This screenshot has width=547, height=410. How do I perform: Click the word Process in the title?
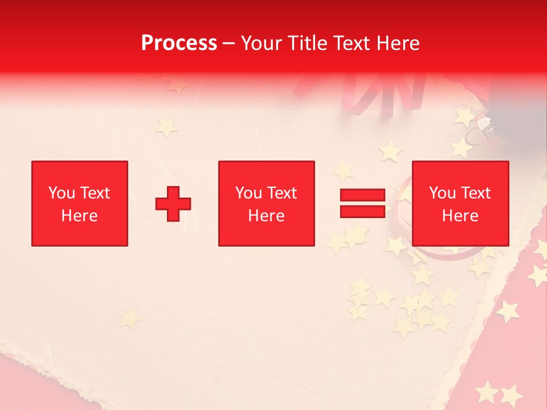point(179,43)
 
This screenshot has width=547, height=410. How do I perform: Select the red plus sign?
point(173,204)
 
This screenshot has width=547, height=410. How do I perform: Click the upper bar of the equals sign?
point(362,195)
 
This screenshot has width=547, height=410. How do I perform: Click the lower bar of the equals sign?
point(362,211)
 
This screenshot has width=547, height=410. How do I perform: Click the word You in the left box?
point(62,193)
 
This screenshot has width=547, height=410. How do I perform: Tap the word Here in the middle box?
point(267,216)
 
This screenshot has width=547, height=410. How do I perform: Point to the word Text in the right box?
point(475,193)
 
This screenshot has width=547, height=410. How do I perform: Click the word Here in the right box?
point(460,216)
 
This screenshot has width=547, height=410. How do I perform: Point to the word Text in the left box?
point(95,193)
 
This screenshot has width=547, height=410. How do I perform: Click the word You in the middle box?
point(248,193)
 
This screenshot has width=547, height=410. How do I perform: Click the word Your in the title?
point(260,43)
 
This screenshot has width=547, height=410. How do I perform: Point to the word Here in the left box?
point(80,216)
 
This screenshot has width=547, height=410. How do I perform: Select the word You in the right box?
point(442,193)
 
